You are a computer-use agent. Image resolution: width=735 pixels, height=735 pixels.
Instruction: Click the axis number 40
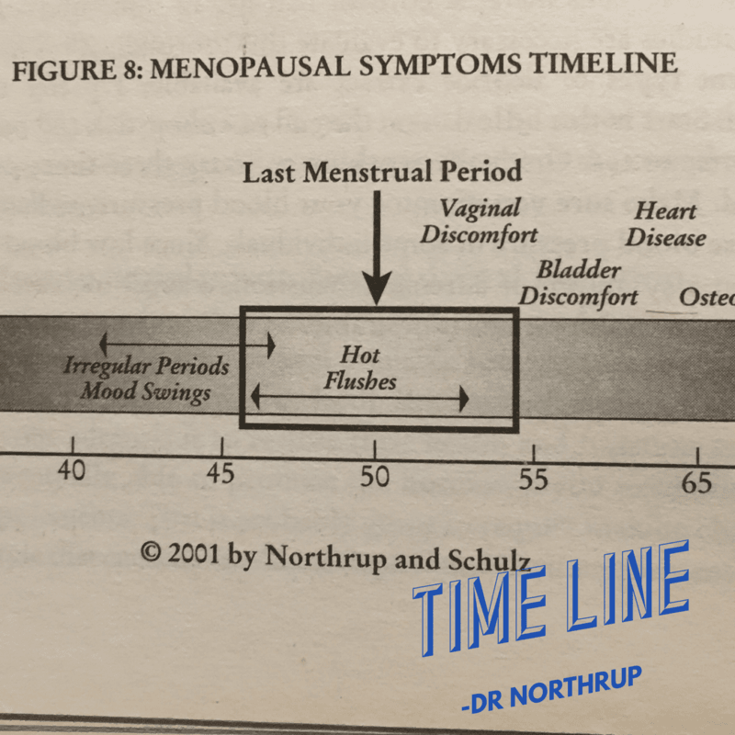(72, 471)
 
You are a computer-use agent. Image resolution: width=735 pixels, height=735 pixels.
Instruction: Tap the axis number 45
(220, 474)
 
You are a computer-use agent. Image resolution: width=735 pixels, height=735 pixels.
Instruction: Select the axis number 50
(374, 477)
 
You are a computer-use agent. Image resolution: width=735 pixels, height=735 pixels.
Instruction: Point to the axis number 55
(534, 480)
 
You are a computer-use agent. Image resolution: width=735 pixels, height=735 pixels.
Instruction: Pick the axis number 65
(696, 482)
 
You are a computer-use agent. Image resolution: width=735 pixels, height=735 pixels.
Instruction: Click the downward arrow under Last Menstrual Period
(375, 247)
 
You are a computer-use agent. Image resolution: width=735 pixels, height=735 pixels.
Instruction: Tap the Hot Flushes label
(359, 367)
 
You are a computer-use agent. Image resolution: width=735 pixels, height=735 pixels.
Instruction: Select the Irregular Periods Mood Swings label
(146, 379)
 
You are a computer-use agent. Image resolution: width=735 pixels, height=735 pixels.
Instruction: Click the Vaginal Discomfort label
(479, 221)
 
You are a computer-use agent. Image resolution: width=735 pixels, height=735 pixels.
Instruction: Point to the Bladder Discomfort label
(579, 283)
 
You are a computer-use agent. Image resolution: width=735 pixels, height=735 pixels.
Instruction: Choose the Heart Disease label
(665, 224)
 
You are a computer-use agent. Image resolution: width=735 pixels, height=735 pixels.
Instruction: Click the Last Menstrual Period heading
(381, 172)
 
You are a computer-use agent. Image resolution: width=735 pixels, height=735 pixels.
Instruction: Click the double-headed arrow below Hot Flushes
(359, 398)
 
